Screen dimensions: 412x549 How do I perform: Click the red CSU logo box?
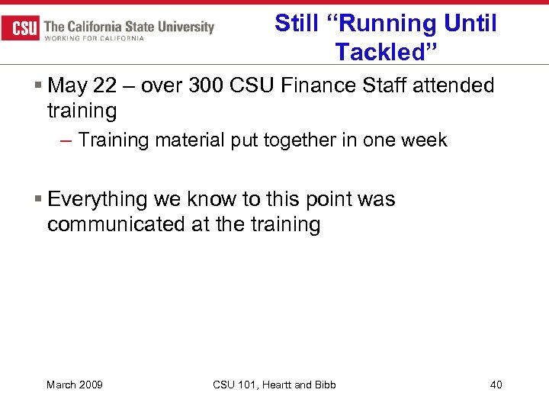coord(21,28)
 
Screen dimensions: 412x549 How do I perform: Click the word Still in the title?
coord(294,23)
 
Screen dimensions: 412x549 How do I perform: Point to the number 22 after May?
coord(105,85)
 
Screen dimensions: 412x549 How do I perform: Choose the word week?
coord(424,140)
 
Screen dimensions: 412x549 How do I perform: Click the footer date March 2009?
coord(75,385)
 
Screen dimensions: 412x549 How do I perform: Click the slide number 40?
coord(496,385)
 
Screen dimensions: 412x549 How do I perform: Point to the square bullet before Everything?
coord(38,200)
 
